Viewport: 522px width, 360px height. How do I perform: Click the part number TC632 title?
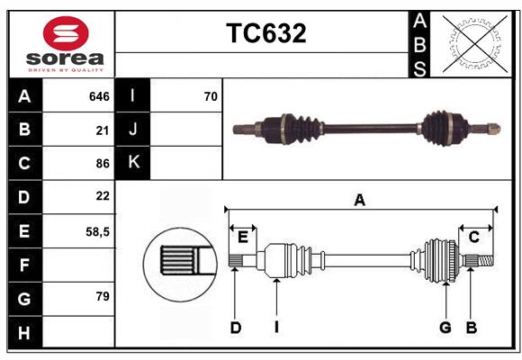point(265,33)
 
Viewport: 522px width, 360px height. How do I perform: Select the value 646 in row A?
point(99,96)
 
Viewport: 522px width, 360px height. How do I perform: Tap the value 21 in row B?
point(103,130)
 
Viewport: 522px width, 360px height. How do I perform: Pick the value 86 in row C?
point(103,163)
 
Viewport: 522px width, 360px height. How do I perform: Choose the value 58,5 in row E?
point(97,231)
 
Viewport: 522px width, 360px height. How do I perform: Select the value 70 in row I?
point(211,96)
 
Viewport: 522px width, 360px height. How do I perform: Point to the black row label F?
point(24,265)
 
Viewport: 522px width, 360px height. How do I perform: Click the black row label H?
point(24,332)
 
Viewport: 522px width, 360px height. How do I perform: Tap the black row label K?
point(133,163)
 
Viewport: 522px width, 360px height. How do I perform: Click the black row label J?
point(133,130)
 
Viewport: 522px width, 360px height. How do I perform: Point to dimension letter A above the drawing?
point(359,200)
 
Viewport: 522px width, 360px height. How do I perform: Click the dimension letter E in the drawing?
point(243,237)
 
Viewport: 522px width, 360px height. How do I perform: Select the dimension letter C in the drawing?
point(473,237)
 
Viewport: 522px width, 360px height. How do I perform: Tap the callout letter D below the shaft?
point(235,328)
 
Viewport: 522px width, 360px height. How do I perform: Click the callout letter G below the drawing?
point(445,328)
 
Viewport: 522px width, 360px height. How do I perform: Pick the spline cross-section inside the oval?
point(180,260)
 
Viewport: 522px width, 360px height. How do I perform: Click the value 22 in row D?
point(103,196)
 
